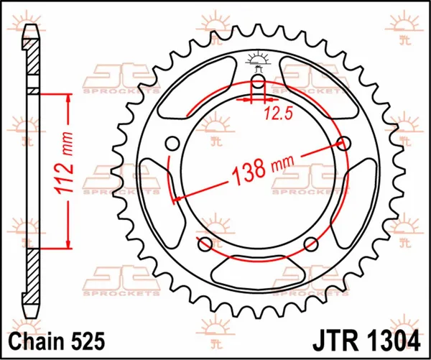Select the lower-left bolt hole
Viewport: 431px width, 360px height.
click(204, 244)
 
